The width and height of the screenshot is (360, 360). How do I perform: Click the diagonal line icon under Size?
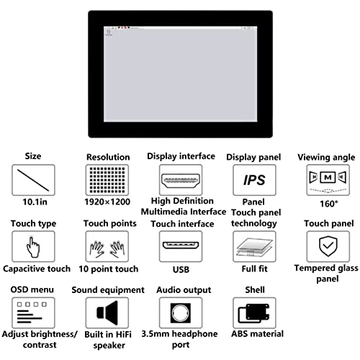tap(33, 180)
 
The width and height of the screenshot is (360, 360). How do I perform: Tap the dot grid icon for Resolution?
tap(107, 180)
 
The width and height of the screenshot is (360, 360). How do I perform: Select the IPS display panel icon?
tap(254, 180)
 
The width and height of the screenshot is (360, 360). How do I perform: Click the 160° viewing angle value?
tap(329, 204)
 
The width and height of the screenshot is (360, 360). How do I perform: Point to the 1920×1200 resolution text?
tap(107, 202)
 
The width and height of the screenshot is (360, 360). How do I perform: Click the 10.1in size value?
tap(35, 202)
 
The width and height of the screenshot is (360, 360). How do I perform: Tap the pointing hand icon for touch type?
tap(33, 247)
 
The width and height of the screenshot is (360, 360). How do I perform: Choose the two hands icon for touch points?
tap(107, 249)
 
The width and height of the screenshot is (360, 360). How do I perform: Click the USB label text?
tap(181, 269)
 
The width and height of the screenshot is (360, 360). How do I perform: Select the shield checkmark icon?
tap(328, 246)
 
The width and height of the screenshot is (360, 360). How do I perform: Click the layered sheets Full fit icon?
tap(254, 247)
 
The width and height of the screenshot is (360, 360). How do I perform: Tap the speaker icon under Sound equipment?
tap(107, 312)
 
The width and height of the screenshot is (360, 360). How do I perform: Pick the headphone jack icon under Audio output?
tap(181, 313)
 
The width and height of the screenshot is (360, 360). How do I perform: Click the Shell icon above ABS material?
tap(253, 313)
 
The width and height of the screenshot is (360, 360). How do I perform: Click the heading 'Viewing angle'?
tap(326, 158)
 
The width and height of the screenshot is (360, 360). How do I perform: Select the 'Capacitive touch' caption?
tap(37, 269)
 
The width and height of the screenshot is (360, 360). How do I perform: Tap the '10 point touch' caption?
tap(109, 269)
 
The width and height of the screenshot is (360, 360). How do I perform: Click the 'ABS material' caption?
tap(257, 334)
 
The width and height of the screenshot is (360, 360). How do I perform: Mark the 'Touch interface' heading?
tap(182, 224)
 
